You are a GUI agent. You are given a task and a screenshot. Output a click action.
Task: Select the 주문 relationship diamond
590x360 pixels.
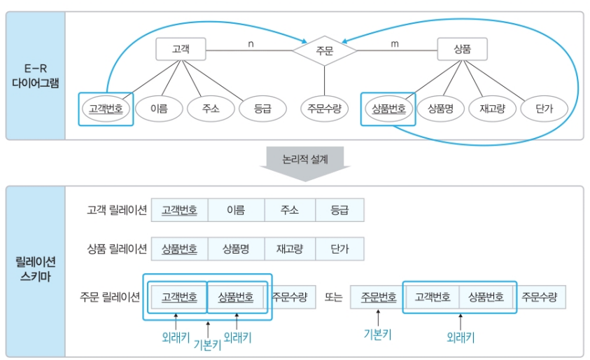(324, 50)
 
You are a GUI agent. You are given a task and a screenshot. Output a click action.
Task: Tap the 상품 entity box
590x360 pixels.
(462, 50)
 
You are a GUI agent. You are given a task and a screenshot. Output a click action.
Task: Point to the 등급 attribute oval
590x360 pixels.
(262, 109)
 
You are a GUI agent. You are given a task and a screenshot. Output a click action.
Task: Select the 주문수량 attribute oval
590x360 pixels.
(325, 109)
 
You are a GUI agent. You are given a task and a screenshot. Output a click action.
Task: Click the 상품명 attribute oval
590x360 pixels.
(440, 109)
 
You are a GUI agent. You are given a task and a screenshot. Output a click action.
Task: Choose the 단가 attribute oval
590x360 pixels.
(544, 109)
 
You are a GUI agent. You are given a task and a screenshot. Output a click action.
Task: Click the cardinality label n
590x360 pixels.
(251, 44)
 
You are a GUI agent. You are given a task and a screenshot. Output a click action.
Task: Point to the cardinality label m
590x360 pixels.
(395, 44)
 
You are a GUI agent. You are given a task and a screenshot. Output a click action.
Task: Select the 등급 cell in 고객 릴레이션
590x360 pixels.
(339, 210)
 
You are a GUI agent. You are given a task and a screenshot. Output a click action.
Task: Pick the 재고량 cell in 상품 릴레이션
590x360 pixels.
(289, 249)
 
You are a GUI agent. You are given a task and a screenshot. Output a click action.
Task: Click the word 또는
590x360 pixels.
(333, 298)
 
